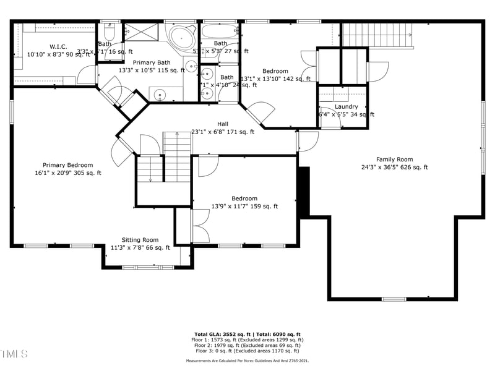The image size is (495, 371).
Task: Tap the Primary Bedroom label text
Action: [67, 165]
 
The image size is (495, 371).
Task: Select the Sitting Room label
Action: [139, 240]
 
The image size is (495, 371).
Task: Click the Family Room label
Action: [394, 160]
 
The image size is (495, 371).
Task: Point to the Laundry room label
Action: [346, 106]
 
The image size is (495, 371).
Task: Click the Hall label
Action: [222, 124]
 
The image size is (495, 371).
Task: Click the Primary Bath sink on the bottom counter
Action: [160, 95]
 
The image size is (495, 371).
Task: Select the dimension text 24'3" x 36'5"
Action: [394, 168]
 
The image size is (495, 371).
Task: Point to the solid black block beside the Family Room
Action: [303, 191]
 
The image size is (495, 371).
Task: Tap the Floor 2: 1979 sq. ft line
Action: [247, 346]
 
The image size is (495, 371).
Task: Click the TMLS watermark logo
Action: [14, 354]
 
